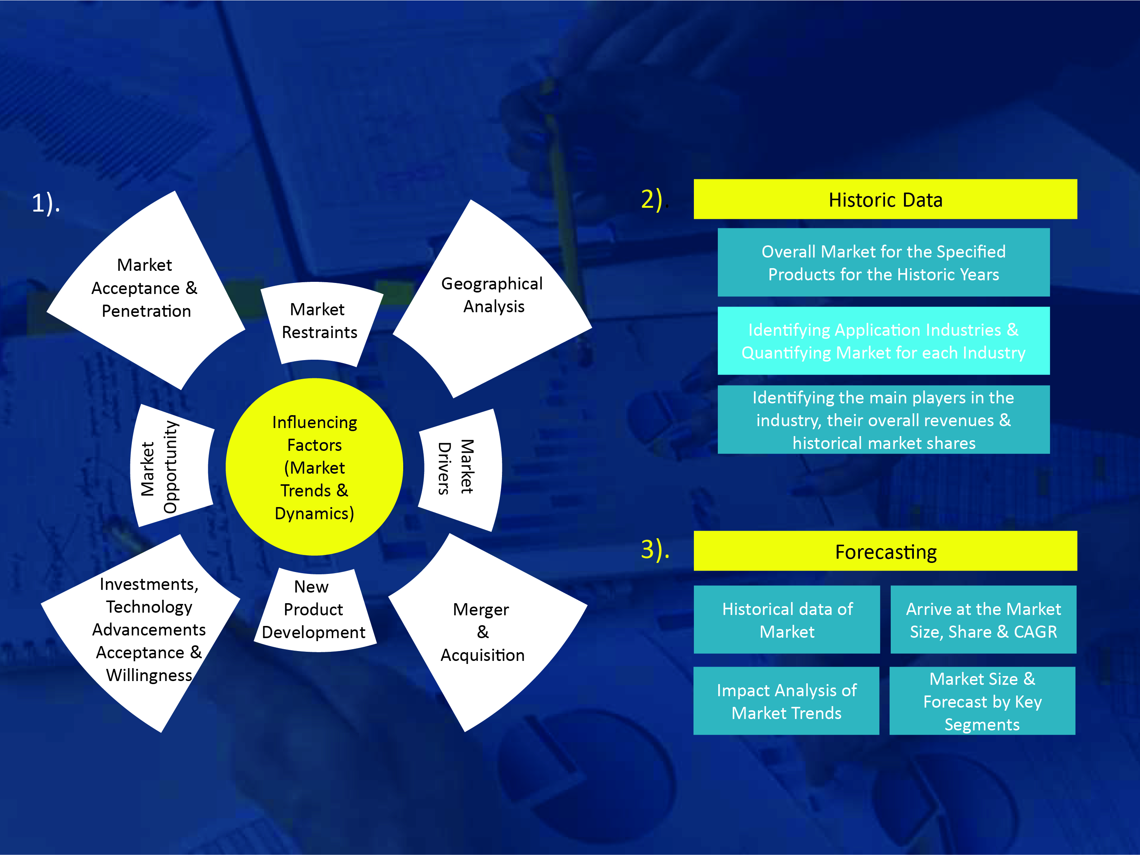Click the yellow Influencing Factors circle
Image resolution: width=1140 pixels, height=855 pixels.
pos(314,467)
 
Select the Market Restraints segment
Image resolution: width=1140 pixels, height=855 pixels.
pos(321,324)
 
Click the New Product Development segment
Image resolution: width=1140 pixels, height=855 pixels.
pos(314,611)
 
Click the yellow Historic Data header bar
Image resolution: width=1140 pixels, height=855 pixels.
pos(885,199)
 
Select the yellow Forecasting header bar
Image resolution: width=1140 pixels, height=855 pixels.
pos(885,551)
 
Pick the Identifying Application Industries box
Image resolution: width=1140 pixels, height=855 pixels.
pos(883,341)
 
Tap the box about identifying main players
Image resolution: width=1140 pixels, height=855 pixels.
pos(883,420)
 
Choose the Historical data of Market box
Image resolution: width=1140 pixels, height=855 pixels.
pos(787,620)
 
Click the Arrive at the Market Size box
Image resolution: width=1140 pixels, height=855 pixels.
pos(983,620)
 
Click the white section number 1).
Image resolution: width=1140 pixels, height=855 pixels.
pos(46,203)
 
